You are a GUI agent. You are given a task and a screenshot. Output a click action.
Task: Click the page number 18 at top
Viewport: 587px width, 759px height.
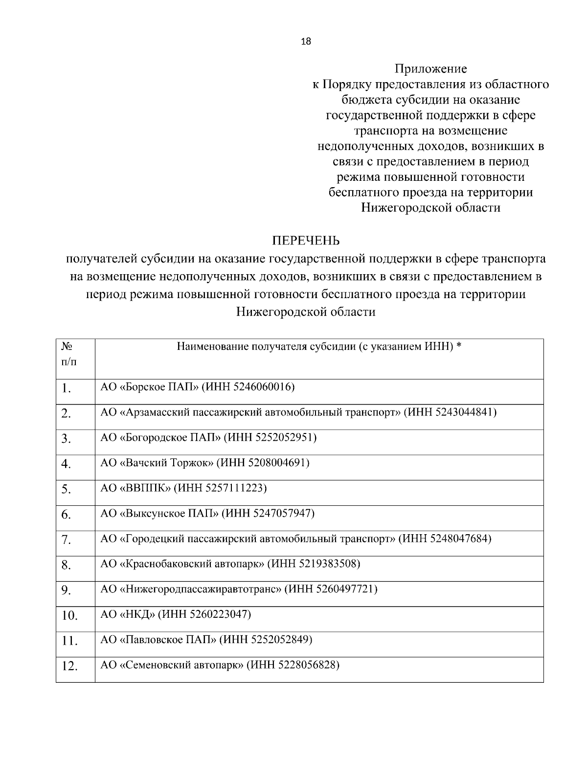tap(306, 42)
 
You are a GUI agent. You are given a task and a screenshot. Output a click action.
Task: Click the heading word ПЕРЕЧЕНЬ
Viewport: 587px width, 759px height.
tap(306, 241)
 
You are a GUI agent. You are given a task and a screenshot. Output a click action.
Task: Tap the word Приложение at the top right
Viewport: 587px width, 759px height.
tap(430, 69)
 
